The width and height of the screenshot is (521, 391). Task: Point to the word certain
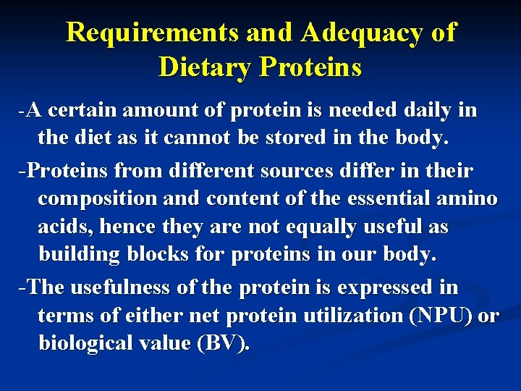pyautogui.click(x=83, y=111)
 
